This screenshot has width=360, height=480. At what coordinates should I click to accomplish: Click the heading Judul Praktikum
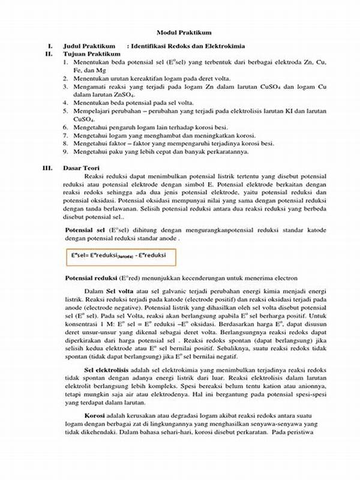89,46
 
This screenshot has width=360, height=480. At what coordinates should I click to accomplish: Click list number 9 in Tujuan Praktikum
65,152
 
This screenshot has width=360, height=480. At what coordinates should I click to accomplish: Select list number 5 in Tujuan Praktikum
65,111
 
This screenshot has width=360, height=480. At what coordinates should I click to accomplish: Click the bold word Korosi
95,416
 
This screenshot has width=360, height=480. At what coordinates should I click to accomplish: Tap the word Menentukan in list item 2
90,79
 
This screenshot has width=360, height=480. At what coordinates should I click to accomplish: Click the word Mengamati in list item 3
89,87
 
